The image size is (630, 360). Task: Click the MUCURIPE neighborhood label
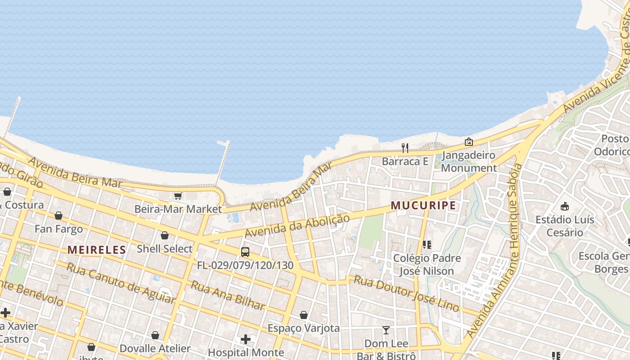(x=423, y=206)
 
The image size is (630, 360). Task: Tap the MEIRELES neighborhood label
(x=97, y=250)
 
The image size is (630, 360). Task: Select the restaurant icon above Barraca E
(x=405, y=148)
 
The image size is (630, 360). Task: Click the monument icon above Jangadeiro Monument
(x=469, y=142)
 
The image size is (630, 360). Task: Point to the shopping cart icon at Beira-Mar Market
(x=178, y=196)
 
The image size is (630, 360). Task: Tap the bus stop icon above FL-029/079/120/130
(x=245, y=252)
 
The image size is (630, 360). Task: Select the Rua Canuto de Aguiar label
(x=120, y=283)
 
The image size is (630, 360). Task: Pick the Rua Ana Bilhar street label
(x=228, y=295)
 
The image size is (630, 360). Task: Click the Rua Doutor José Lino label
(x=406, y=293)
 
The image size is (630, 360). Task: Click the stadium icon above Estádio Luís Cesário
(x=565, y=207)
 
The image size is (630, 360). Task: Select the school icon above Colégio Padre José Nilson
(x=427, y=245)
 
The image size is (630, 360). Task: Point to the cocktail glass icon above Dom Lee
(x=386, y=330)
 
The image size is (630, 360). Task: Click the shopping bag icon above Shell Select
(x=165, y=235)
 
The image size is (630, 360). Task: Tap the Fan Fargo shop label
(x=59, y=229)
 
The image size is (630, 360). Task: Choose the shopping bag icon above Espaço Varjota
(x=304, y=315)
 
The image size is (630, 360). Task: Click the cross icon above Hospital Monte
(x=246, y=339)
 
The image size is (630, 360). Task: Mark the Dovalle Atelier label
(x=155, y=348)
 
